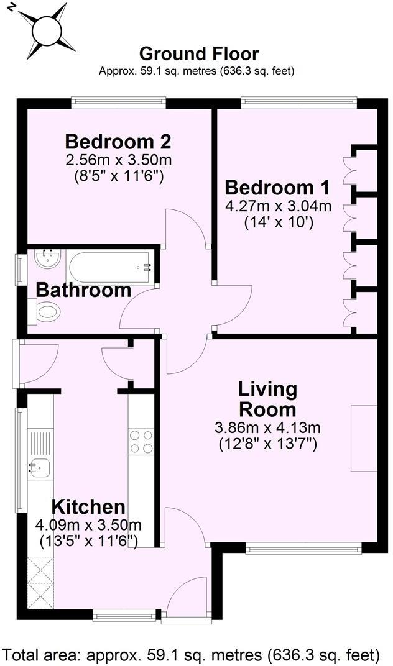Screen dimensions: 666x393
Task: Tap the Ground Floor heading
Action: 198,54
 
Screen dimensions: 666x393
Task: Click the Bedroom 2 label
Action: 118,140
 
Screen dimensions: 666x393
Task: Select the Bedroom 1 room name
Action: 277,187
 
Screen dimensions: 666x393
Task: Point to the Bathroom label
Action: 83,290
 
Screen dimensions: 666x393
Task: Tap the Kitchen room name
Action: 88,506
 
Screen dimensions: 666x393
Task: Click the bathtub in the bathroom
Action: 109,268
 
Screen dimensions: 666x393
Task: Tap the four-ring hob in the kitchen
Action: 141,441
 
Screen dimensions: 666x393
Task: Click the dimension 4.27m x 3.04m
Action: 277,205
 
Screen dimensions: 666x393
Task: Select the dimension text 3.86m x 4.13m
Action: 267,428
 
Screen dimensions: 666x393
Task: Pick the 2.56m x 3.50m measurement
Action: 118,160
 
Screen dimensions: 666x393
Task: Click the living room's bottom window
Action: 303,547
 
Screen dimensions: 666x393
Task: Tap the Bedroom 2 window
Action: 118,99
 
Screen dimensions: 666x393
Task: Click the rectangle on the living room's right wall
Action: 364,439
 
